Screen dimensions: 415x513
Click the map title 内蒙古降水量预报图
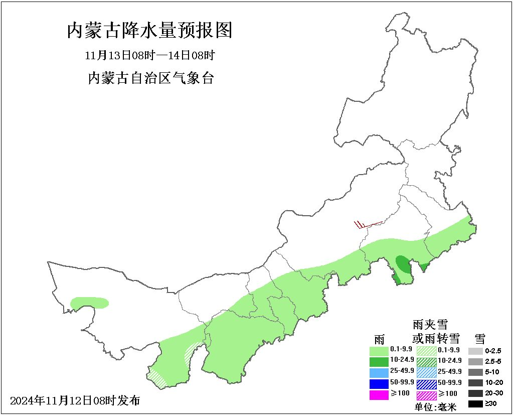[150, 31]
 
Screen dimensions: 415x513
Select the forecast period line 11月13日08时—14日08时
[150, 55]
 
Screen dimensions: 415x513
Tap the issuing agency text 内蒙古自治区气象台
[150, 78]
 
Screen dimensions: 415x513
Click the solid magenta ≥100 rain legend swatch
[379, 394]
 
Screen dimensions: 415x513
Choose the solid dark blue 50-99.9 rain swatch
[379, 383]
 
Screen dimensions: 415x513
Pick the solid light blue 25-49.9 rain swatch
[379, 372]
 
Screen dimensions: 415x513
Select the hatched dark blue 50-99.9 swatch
[426, 384]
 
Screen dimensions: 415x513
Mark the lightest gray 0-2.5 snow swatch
[475, 351]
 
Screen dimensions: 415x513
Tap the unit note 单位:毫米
[435, 407]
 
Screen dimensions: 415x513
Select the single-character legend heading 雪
[480, 338]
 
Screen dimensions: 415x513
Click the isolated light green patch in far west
[89, 303]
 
